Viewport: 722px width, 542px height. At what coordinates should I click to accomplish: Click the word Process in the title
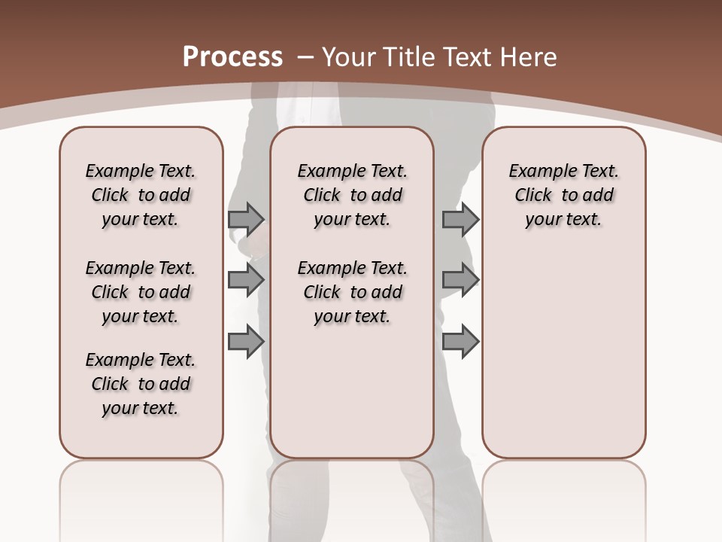point(232,57)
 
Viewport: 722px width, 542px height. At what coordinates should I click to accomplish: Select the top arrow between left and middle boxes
point(246,219)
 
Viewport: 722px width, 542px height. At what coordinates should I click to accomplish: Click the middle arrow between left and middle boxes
point(246,280)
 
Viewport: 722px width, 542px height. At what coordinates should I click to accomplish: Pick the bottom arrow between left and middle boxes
point(246,342)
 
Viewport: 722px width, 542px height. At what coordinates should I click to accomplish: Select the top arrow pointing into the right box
point(460,219)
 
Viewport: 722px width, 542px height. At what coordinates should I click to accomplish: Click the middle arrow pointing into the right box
point(460,280)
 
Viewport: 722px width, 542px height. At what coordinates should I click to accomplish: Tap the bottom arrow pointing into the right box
point(460,342)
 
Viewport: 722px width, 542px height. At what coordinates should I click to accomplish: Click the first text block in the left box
point(141,195)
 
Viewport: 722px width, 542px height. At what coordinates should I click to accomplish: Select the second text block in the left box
point(141,292)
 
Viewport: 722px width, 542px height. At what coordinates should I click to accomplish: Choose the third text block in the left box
point(141,384)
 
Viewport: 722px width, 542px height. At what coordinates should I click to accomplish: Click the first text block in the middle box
point(352,195)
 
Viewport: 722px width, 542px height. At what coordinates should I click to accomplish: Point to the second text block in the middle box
point(352,292)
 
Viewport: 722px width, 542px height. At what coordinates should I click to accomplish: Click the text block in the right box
point(563,195)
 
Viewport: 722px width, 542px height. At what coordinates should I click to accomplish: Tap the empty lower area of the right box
point(563,354)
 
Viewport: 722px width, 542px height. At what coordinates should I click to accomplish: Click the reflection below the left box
point(141,489)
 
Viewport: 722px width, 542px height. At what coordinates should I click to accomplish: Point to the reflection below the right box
point(563,489)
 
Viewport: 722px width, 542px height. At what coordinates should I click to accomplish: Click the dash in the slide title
point(305,58)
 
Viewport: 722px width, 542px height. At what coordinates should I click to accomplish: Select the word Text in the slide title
point(468,57)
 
